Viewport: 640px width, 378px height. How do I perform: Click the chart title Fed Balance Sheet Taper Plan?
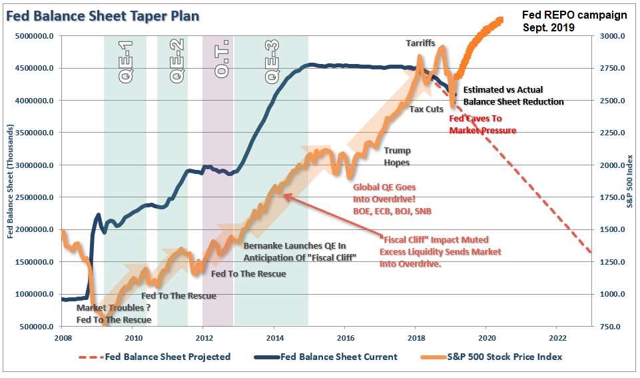click(103, 15)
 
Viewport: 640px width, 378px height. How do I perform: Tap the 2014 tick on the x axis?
click(274, 337)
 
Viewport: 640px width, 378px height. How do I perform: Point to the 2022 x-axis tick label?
click(557, 337)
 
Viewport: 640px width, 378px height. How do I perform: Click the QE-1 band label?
click(126, 61)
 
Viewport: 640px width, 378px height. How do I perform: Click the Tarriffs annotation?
click(420, 43)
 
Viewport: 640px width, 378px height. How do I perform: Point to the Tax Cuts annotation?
click(426, 109)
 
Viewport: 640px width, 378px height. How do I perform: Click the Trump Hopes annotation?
click(397, 156)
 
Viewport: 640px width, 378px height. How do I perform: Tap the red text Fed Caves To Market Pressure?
click(482, 124)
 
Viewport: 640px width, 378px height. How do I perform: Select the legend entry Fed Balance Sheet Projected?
click(167, 357)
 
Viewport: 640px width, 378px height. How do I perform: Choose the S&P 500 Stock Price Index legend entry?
click(505, 357)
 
